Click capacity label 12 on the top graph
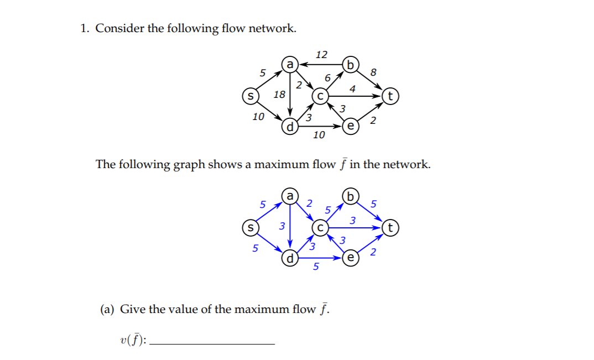click(x=321, y=54)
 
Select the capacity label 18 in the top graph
click(x=279, y=95)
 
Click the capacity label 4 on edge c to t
click(x=353, y=88)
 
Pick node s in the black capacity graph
click(x=250, y=96)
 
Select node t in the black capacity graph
click(x=390, y=96)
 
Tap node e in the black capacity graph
click(x=350, y=126)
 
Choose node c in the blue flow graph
click(x=320, y=227)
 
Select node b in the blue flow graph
click(x=350, y=196)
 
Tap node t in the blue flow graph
click(x=390, y=227)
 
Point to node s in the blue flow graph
click(x=250, y=227)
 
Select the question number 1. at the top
click(x=85, y=28)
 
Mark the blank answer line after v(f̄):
click(x=212, y=343)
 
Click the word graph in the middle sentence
click(x=189, y=164)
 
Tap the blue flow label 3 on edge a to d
click(x=282, y=226)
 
